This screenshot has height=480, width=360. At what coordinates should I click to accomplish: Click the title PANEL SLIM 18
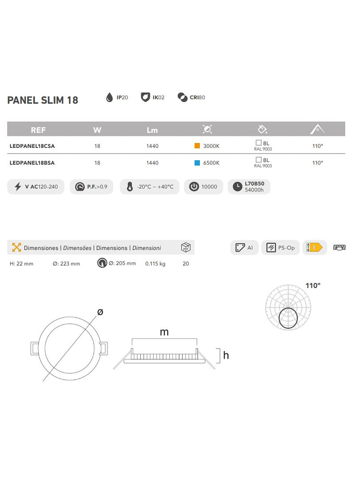[x=43, y=100]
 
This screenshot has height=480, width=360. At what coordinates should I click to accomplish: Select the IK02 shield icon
[x=145, y=97]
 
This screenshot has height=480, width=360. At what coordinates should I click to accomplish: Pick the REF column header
[x=38, y=130]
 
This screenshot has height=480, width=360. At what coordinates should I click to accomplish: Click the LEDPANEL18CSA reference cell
[x=32, y=146]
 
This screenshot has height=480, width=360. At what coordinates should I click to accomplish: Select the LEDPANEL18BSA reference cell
[x=32, y=163]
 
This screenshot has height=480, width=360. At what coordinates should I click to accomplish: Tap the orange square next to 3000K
[x=197, y=146]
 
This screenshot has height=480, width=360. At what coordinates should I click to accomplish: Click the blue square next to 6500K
[x=197, y=163]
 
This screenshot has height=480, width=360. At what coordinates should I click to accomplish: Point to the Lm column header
[x=152, y=130]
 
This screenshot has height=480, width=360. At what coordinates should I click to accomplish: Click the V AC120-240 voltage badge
[x=36, y=187]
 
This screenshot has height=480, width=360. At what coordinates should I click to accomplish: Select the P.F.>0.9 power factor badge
[x=91, y=187]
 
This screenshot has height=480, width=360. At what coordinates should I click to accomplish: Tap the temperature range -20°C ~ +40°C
[x=150, y=187]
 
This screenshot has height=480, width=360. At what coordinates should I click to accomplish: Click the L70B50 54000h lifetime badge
[x=249, y=187]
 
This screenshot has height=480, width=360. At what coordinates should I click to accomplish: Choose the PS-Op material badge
[x=281, y=248]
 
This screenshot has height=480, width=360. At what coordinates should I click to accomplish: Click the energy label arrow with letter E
[x=314, y=248]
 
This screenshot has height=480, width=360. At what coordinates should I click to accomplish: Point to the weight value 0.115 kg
[x=155, y=264]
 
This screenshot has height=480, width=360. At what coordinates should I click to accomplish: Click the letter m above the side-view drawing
[x=164, y=332]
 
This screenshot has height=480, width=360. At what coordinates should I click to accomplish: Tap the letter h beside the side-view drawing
[x=226, y=355]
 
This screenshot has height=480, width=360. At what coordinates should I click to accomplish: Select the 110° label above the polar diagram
[x=313, y=286]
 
